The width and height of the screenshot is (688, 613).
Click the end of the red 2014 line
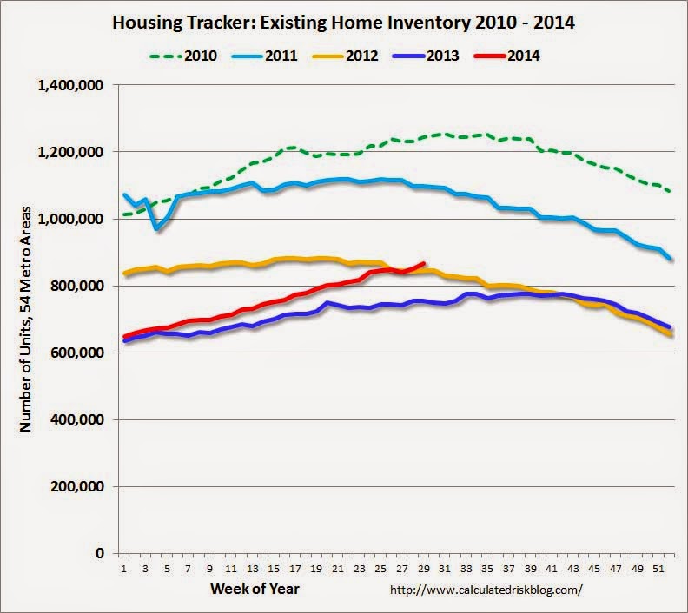pos(423,264)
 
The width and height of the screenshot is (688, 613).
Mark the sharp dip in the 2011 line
pos(157,228)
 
